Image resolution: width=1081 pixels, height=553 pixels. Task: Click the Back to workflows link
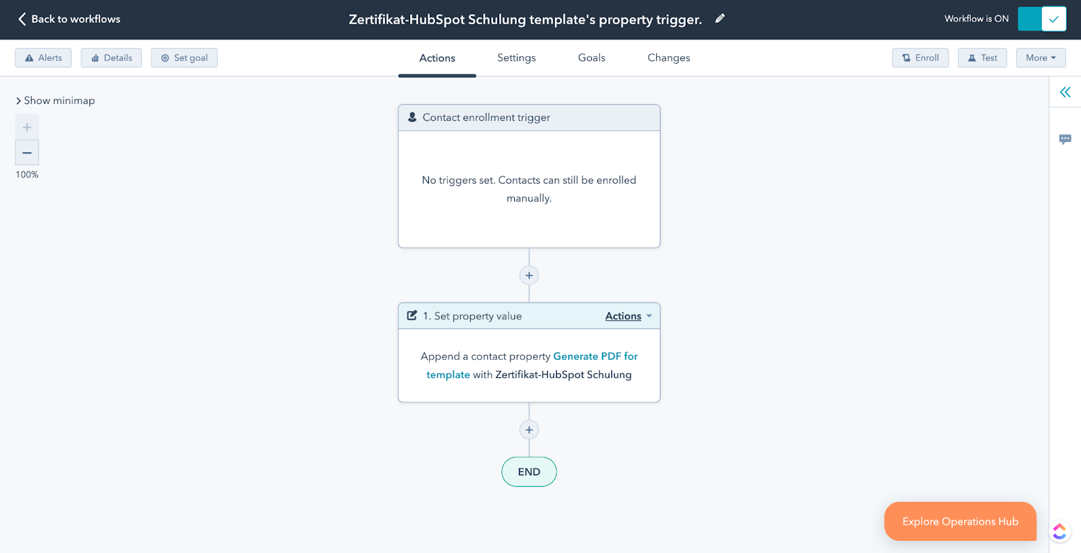pyautogui.click(x=69, y=19)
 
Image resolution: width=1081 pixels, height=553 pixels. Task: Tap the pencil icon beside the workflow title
pyautogui.click(x=720, y=19)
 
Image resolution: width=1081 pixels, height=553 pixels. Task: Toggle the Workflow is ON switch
pyautogui.click(x=1042, y=19)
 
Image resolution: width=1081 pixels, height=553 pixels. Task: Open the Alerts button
pyautogui.click(x=43, y=58)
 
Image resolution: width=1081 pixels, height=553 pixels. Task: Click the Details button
pyautogui.click(x=111, y=58)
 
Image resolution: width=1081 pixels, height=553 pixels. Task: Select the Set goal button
pyautogui.click(x=184, y=58)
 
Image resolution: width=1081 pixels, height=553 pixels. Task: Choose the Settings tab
pyautogui.click(x=516, y=58)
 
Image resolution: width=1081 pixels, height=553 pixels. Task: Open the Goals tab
pyautogui.click(x=592, y=58)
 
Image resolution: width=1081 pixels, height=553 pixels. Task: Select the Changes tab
pyautogui.click(x=669, y=58)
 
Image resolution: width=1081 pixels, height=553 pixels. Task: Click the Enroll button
pyautogui.click(x=920, y=58)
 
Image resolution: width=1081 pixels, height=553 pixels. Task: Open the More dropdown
pyautogui.click(x=1040, y=58)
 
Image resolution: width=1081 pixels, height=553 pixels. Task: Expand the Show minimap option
pyautogui.click(x=55, y=101)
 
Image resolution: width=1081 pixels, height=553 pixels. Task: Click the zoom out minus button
pyautogui.click(x=27, y=153)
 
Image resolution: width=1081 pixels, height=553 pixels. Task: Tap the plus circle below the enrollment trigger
pyautogui.click(x=529, y=275)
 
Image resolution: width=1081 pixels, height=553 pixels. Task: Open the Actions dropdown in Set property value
pyautogui.click(x=628, y=316)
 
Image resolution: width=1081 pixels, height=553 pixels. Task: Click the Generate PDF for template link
pyautogui.click(x=530, y=365)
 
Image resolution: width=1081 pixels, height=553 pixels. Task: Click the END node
pyautogui.click(x=529, y=472)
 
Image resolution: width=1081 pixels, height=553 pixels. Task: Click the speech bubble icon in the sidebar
pyautogui.click(x=1065, y=139)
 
